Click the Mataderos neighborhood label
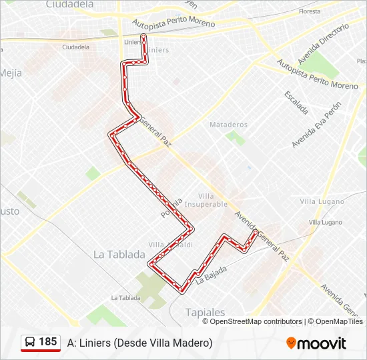[228, 125]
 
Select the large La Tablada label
[119, 254]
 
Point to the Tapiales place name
[205, 312]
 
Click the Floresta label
[310, 11]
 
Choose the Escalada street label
[296, 101]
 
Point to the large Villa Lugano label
[322, 201]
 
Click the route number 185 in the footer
[47, 342]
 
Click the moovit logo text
[322, 343]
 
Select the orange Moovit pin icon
[291, 343]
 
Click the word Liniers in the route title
[94, 343]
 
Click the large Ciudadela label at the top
[70, 5]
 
